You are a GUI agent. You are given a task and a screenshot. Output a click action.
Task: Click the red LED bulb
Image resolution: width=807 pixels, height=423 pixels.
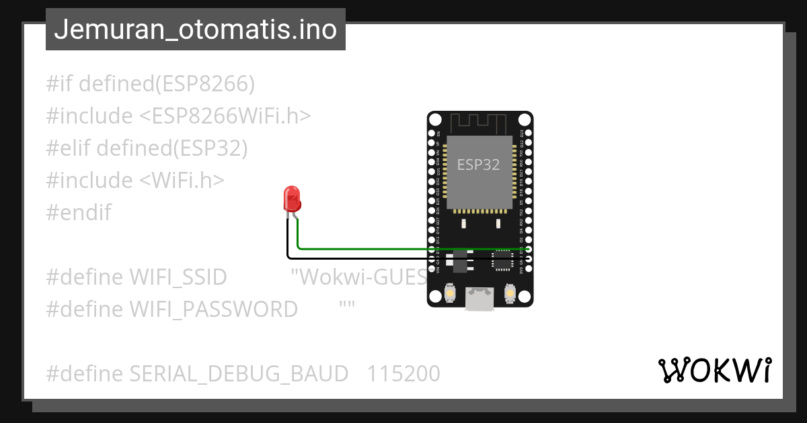(x=293, y=199)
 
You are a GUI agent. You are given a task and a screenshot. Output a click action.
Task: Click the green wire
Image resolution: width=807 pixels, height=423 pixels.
(x=403, y=248)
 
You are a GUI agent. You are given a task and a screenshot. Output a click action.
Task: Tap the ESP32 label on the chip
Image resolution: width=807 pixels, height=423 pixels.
(x=478, y=164)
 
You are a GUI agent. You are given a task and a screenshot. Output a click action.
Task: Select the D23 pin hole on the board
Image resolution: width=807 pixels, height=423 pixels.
(x=529, y=133)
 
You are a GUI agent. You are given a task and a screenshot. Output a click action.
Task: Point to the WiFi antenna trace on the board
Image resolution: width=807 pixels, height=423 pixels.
(x=478, y=123)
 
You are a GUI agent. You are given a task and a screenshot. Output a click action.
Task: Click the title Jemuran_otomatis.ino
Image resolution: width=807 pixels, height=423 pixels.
(x=195, y=30)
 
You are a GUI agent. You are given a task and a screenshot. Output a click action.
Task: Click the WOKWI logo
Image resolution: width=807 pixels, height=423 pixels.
(x=714, y=370)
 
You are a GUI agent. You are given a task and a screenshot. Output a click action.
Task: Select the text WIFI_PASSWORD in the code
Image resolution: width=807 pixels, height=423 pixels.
(x=213, y=309)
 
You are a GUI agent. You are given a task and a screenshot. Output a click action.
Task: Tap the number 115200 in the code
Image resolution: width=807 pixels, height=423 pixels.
(x=403, y=373)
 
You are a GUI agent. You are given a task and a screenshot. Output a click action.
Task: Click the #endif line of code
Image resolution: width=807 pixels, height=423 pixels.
(x=79, y=213)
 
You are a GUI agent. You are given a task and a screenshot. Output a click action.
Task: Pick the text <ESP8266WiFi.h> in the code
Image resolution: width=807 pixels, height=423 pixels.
(x=225, y=116)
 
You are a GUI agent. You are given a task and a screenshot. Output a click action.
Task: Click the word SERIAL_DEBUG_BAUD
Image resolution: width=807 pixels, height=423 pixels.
(x=239, y=373)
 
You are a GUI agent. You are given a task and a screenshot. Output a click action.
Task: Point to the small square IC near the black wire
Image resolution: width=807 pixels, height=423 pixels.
(x=502, y=260)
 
